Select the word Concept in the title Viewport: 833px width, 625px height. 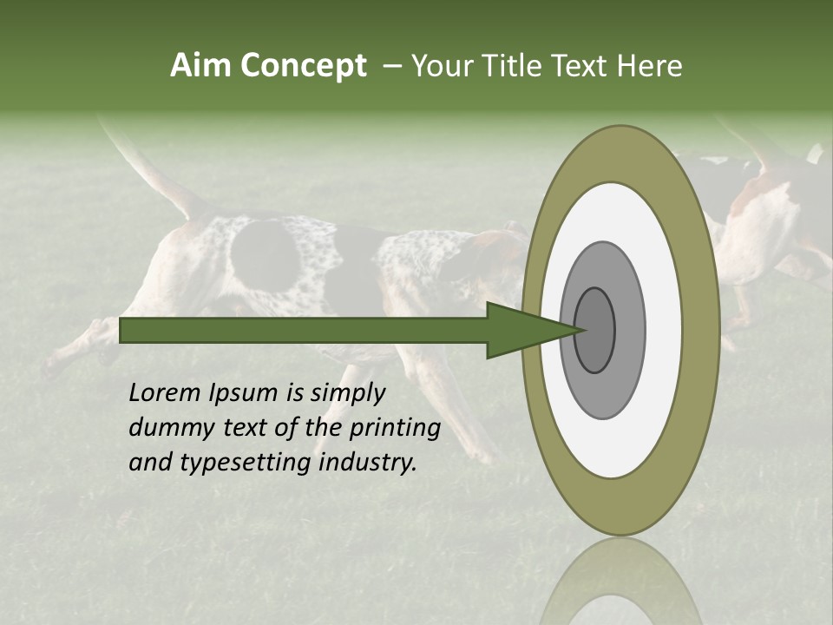point(303,66)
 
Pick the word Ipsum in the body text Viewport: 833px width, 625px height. point(244,393)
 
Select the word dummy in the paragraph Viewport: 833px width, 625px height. point(167,428)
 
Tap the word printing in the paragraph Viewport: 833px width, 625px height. point(395,428)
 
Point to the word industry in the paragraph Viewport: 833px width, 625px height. point(368,463)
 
